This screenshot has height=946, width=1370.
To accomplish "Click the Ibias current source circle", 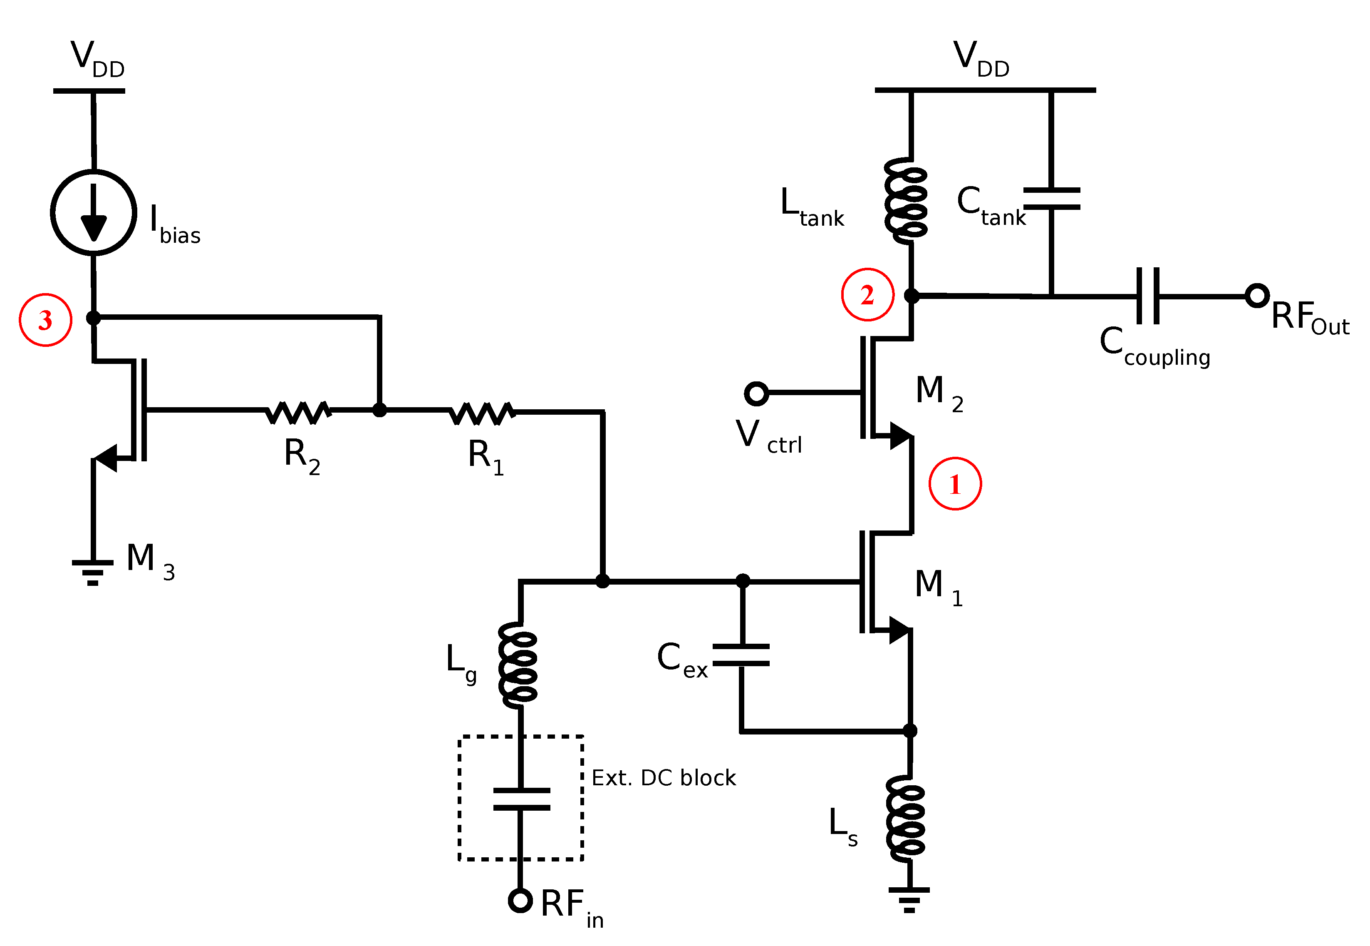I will [x=94, y=212].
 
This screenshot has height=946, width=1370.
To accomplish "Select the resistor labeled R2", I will [x=298, y=412].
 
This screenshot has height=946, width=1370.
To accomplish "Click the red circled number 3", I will [x=46, y=320].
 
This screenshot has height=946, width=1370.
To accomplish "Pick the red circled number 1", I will [x=955, y=484].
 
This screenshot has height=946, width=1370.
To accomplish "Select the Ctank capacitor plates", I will [x=1051, y=199].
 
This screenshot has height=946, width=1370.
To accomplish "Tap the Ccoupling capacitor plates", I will [x=1148, y=296].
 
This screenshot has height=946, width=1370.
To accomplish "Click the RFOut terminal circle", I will [x=1257, y=295].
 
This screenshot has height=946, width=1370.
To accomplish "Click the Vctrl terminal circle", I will [x=756, y=393].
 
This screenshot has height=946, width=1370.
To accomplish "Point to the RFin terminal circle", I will [x=520, y=900].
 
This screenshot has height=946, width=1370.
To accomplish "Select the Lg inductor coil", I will [x=519, y=665].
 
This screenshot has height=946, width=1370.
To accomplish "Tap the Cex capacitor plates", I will [x=741, y=655].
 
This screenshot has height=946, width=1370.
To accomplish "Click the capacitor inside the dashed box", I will [x=521, y=799].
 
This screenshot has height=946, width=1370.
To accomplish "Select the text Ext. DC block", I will [x=664, y=778].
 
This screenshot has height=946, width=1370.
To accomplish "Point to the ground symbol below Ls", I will [x=909, y=899].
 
